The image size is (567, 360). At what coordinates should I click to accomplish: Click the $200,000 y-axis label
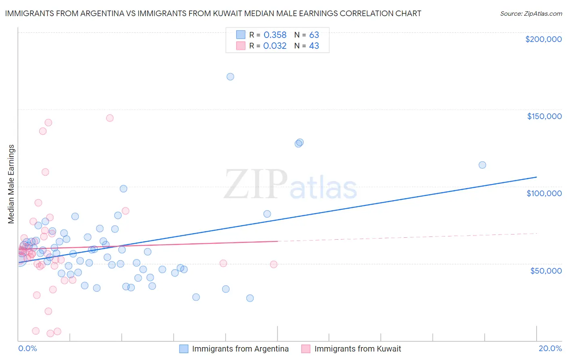pyautogui.click(x=543, y=39)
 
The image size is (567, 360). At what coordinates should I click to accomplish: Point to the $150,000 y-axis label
pyautogui.click(x=544, y=116)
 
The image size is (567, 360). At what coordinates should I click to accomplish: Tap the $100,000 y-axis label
pyautogui.click(x=544, y=193)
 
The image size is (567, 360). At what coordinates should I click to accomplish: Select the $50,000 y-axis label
pyautogui.click(x=546, y=270)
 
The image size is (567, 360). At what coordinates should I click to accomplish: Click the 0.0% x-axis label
pyautogui.click(x=27, y=348)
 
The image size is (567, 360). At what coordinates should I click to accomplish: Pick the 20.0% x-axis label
pyautogui.click(x=550, y=348)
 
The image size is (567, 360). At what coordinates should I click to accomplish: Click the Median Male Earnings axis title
pyautogui.click(x=11, y=184)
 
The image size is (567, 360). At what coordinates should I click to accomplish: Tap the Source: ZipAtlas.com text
pyautogui.click(x=531, y=13)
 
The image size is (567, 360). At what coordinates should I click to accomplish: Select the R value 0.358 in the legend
pyautogui.click(x=275, y=35)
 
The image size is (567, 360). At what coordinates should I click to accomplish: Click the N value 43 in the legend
pyautogui.click(x=314, y=46)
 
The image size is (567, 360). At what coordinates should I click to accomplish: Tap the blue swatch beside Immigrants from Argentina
pyautogui.click(x=184, y=349)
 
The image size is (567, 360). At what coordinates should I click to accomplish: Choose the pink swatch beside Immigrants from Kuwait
pyautogui.click(x=306, y=349)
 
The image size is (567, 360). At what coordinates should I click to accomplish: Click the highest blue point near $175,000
pyautogui.click(x=230, y=77)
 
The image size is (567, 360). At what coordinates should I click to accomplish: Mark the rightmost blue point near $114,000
pyautogui.click(x=482, y=165)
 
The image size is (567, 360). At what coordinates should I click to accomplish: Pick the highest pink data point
pyautogui.click(x=110, y=118)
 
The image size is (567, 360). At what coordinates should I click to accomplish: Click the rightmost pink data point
pyautogui.click(x=274, y=264)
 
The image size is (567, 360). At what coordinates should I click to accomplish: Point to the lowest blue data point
pyautogui.click(x=250, y=298)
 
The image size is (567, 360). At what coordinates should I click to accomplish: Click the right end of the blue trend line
pyautogui.click(x=536, y=177)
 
